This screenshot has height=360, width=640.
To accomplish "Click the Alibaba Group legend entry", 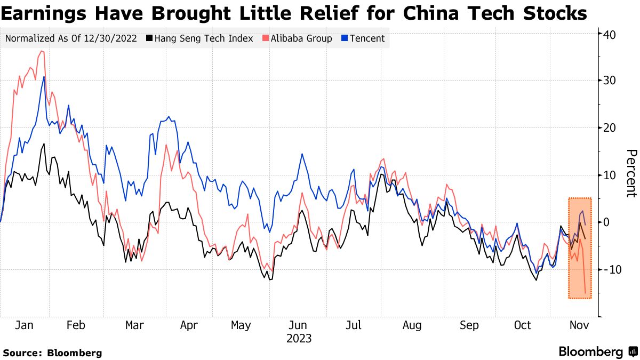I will pos(301,38).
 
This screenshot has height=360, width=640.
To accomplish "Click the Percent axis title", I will pos(631,173).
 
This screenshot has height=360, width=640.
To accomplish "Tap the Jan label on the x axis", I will pos(25,325).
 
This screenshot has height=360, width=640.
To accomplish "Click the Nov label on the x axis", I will pos(579,325).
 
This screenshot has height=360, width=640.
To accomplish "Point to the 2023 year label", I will pos(299,338).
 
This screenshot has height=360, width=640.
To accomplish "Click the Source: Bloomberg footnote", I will pos(52,353).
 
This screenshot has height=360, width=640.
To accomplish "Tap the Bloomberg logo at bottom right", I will pos(597,352).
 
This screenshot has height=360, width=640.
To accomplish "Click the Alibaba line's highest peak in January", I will pos(42,51).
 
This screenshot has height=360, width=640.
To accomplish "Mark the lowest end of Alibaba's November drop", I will pos(586,293).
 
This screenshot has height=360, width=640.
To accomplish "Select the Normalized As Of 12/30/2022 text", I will pos(71,38).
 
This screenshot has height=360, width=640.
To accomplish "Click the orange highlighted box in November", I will pos(579,248).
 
